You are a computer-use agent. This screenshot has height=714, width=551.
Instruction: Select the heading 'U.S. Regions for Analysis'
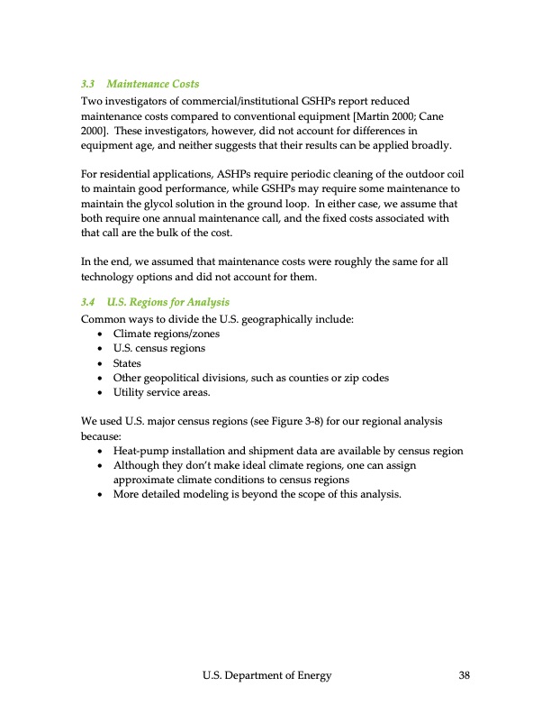click(x=167, y=301)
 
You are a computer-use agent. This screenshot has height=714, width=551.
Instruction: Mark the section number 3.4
click(x=88, y=301)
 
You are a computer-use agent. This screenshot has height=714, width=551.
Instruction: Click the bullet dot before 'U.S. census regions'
click(x=100, y=349)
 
